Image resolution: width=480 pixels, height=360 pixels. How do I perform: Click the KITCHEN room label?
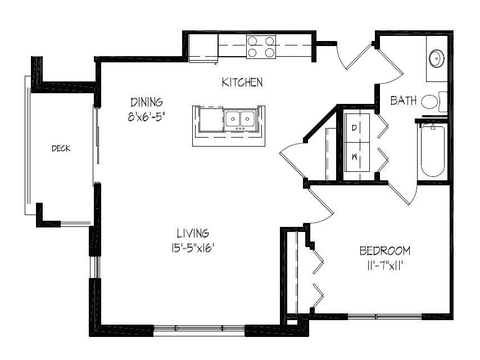point(242,82)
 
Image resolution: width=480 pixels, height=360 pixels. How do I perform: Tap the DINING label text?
point(147,102)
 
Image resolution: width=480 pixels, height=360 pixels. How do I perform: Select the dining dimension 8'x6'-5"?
point(147,117)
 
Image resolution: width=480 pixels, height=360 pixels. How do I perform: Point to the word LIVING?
point(193,233)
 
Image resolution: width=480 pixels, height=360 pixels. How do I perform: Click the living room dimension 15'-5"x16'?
point(193,248)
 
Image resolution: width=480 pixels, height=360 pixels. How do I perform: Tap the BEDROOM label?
point(385,250)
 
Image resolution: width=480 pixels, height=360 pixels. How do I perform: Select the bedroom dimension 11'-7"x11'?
point(384,266)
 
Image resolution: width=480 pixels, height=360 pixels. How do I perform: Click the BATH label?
point(404,101)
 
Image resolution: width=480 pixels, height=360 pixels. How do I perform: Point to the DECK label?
point(61,149)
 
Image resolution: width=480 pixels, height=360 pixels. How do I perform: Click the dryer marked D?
point(357,128)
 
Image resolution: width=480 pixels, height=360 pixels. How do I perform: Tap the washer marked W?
point(357,157)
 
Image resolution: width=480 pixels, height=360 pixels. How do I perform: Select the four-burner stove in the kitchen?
point(261,47)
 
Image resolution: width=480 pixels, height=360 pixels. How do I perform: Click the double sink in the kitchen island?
point(240,119)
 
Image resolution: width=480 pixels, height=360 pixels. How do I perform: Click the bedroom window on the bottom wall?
point(385,317)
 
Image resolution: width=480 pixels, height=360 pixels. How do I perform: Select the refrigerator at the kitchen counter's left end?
point(203,48)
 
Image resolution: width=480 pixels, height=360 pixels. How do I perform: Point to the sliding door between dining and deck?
point(96,144)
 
